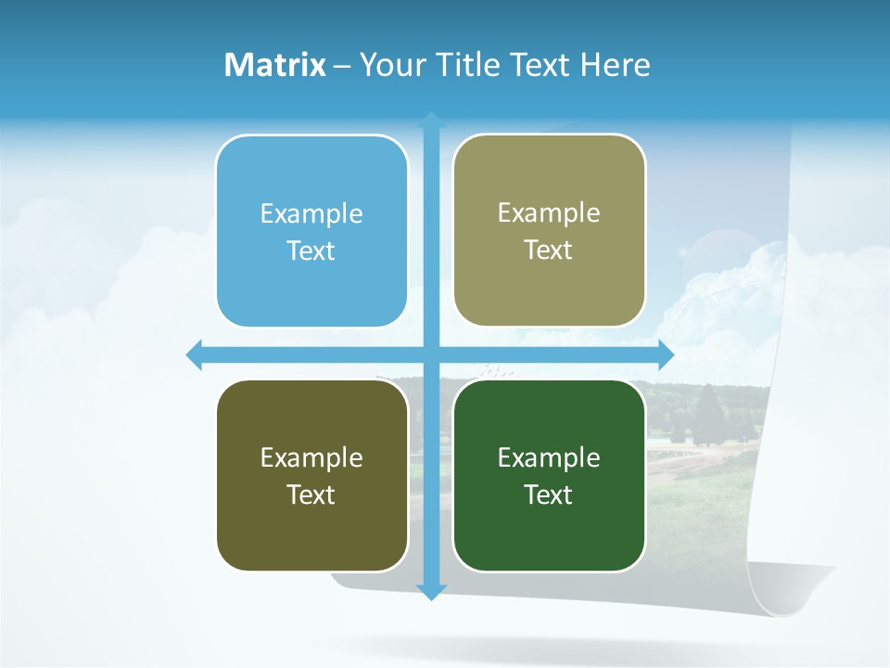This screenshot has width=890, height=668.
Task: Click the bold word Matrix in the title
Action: [x=274, y=65]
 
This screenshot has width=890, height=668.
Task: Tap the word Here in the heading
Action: [x=616, y=65]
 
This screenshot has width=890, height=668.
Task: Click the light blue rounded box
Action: [x=311, y=231]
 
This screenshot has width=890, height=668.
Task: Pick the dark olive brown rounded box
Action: [x=311, y=475]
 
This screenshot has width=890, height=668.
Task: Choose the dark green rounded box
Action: [x=549, y=475]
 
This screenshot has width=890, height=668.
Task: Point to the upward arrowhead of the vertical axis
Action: [x=431, y=121]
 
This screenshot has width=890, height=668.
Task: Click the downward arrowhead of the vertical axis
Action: [x=431, y=592]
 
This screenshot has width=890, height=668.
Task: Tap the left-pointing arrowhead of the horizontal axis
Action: [x=195, y=354]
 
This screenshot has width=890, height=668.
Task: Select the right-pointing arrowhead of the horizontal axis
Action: [x=665, y=354]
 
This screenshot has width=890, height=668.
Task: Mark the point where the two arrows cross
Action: [x=431, y=354]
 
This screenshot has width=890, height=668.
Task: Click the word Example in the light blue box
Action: [x=311, y=213]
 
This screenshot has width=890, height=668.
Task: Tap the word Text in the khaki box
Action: [x=549, y=250]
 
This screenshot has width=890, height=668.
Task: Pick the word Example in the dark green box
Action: [x=549, y=457]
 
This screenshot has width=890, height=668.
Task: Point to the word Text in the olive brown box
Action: [x=311, y=495]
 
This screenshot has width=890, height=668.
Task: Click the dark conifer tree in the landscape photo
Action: [x=708, y=414]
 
